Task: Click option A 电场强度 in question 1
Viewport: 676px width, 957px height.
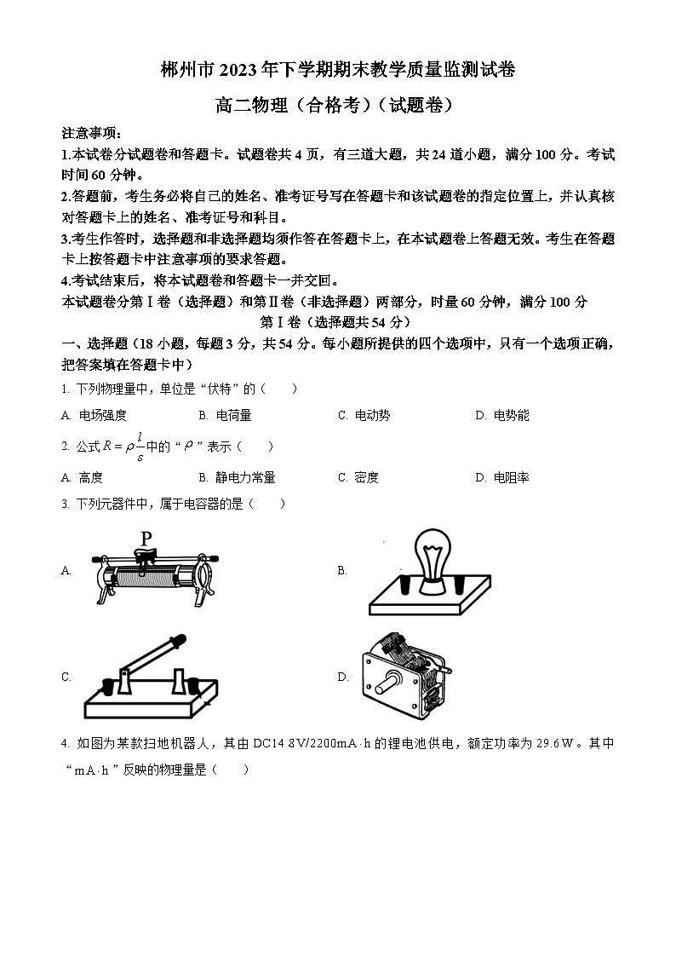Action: [95, 415]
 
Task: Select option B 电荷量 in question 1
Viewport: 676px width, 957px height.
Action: [225, 415]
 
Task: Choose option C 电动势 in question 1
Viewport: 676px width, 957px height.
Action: [364, 415]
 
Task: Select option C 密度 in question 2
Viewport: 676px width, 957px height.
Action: [358, 477]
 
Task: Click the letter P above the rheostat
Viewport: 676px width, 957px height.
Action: [146, 539]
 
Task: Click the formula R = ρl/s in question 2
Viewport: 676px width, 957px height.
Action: [123, 447]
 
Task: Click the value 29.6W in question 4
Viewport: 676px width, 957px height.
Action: [554, 743]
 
